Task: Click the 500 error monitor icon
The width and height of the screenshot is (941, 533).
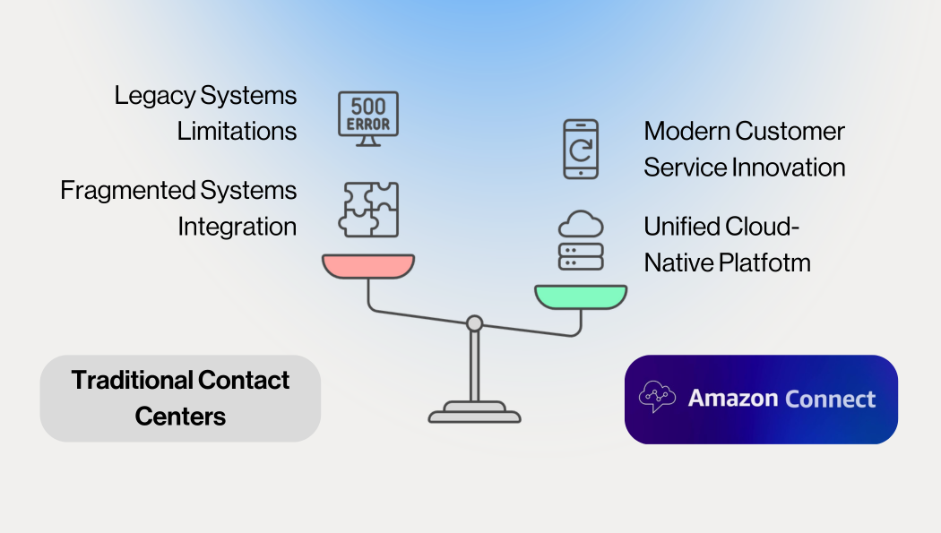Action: click(367, 117)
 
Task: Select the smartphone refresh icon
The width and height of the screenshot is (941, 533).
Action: click(580, 149)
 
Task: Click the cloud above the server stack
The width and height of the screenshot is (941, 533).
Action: click(581, 223)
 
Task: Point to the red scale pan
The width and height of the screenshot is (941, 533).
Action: click(368, 266)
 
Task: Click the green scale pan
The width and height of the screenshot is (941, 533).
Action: click(581, 297)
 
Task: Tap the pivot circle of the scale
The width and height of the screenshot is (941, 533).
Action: click(474, 323)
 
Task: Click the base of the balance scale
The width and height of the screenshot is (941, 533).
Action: click(474, 414)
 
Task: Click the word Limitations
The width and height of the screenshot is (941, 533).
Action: click(237, 131)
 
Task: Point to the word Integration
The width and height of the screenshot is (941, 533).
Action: click(237, 227)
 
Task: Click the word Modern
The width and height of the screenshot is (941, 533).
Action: click(686, 131)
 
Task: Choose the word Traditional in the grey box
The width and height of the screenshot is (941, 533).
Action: click(132, 380)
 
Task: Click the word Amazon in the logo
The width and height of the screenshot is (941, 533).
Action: click(732, 399)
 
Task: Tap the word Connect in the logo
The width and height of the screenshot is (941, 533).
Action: click(830, 399)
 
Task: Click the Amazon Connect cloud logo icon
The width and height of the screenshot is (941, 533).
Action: click(657, 397)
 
